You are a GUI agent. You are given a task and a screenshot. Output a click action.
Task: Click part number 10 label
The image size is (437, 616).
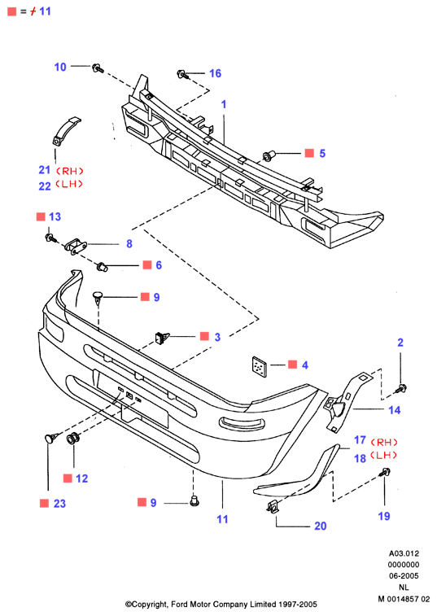coord(60,68)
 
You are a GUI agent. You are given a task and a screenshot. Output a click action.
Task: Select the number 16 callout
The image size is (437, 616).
coord(216,73)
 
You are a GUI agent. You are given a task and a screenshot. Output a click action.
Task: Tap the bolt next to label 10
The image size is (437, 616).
coord(98,68)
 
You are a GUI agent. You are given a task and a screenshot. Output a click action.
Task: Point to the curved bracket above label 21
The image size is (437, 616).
coord(66,131)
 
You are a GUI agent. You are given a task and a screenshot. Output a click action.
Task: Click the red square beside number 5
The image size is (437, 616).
coord(310,153)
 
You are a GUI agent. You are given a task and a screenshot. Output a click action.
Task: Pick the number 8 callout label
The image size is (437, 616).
coord(129,244)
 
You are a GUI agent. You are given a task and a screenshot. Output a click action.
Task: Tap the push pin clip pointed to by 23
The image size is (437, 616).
coord(51,437)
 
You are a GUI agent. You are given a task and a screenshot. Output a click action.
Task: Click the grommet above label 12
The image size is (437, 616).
coord(73,439)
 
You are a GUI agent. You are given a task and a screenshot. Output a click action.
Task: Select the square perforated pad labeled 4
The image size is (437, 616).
coord(260,366)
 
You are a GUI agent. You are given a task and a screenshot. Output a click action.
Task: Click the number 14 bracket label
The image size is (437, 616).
coord(395,410)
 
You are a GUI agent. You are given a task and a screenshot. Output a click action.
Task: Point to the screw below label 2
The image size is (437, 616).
coord(401,389)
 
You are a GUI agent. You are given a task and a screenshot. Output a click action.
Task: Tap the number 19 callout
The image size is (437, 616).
coord(384,516)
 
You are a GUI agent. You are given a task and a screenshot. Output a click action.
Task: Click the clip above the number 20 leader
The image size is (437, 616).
coord(273,508)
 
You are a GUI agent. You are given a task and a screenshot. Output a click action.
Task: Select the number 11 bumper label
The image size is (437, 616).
coord(222,519)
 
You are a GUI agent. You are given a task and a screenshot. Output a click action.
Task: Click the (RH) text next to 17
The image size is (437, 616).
coord(384,443)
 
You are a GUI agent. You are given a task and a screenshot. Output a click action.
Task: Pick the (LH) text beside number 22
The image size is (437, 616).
coord(69,184)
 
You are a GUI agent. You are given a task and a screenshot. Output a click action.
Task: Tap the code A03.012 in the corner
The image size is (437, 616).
coord(404,553)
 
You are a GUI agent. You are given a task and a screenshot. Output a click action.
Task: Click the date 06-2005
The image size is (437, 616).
coord(404,576)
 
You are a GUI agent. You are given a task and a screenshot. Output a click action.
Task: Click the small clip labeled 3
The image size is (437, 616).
coord(161,339)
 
